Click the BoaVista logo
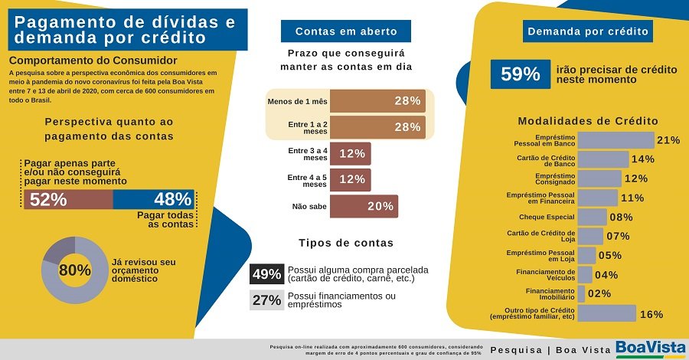click(x=651, y=348)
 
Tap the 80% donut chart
click(x=74, y=270)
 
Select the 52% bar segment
click(x=67, y=199)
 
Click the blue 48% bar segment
click(x=155, y=199)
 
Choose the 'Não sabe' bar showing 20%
click(x=364, y=206)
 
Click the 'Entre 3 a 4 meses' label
click(x=307, y=153)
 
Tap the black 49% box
click(x=266, y=274)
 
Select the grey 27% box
click(x=266, y=300)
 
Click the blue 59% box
click(x=521, y=74)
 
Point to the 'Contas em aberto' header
click(x=346, y=31)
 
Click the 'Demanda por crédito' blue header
click(x=588, y=31)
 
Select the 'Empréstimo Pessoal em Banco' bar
click(x=616, y=140)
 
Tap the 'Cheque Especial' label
click(x=547, y=217)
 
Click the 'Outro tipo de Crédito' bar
click(x=606, y=313)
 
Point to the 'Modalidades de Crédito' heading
click(x=588, y=121)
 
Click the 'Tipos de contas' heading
click(x=345, y=243)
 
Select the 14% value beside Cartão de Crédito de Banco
click(x=643, y=159)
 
